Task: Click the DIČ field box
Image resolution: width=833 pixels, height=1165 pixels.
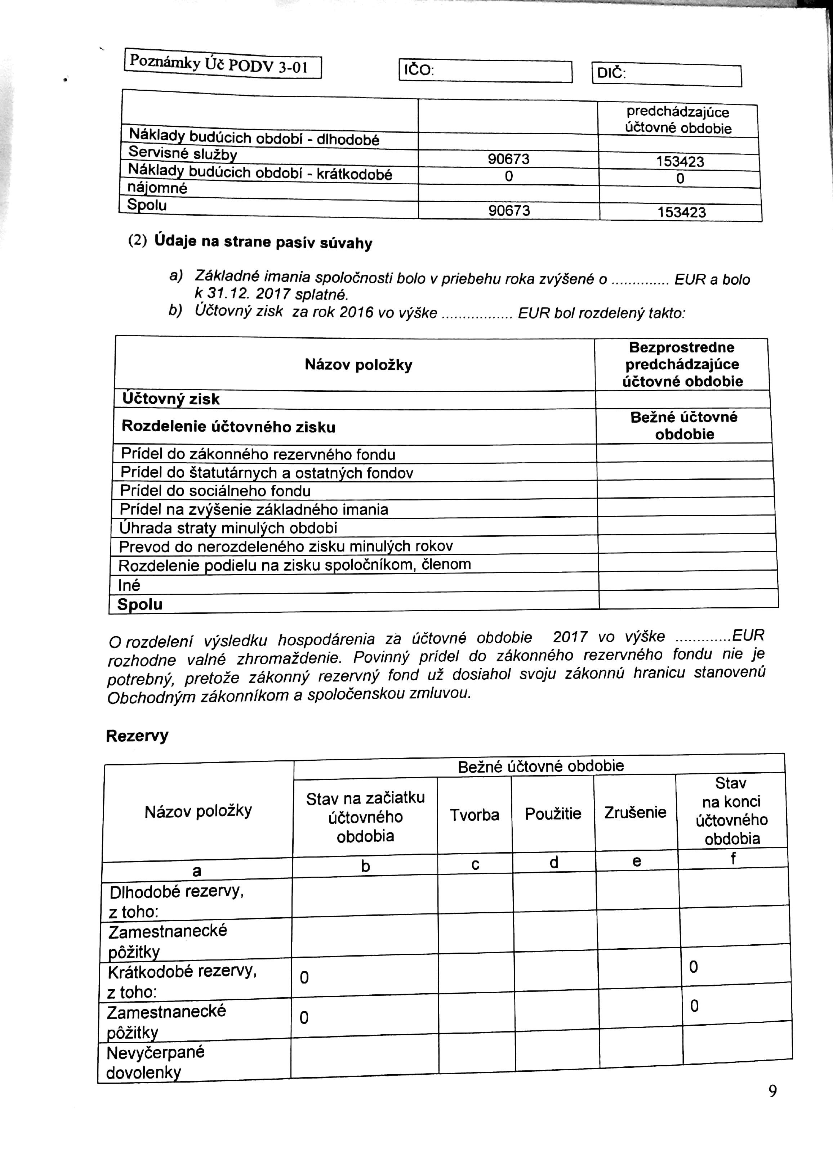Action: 666,75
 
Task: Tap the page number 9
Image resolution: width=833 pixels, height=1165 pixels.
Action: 772,1091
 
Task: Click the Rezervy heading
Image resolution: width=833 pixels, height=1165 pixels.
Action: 137,736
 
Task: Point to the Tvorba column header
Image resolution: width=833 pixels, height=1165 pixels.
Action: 475,815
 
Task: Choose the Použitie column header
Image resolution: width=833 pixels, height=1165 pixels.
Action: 553,814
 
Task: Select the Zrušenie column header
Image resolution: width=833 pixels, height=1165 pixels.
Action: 635,813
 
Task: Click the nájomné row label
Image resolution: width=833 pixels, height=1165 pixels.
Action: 157,188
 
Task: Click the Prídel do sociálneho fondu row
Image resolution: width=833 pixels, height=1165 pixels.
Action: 215,491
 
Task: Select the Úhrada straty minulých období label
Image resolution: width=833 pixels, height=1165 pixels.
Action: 228,528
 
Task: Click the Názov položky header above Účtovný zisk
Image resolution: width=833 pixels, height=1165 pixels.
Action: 358,365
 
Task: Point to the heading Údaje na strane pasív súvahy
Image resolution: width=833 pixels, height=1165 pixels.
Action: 263,242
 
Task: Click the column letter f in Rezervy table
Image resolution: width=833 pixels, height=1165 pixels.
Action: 733,859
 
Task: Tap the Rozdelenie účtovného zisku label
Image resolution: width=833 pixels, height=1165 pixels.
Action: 228,427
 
